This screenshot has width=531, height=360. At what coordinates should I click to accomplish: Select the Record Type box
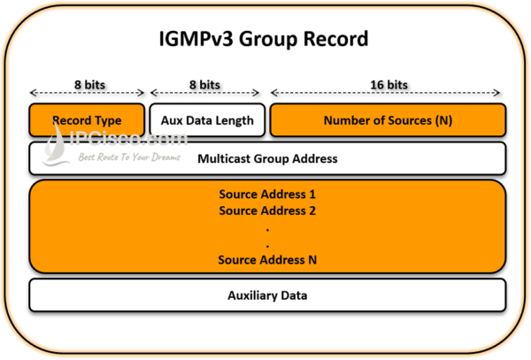point(87,120)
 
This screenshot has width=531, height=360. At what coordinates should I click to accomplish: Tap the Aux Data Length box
point(207,120)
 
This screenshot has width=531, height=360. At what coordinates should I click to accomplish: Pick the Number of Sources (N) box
point(388,120)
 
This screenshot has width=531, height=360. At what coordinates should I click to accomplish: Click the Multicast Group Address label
point(266,159)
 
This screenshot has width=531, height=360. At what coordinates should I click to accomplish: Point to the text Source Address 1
point(266,194)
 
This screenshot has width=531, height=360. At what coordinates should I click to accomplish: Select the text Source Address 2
point(266,211)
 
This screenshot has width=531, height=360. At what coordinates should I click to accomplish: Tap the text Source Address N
point(266,260)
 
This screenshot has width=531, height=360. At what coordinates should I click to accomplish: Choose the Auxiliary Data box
point(266,295)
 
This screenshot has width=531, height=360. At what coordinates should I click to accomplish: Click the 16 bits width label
point(388,83)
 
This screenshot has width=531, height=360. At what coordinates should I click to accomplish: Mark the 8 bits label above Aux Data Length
point(207,83)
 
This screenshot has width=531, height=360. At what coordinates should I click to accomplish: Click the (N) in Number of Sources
point(442,120)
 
